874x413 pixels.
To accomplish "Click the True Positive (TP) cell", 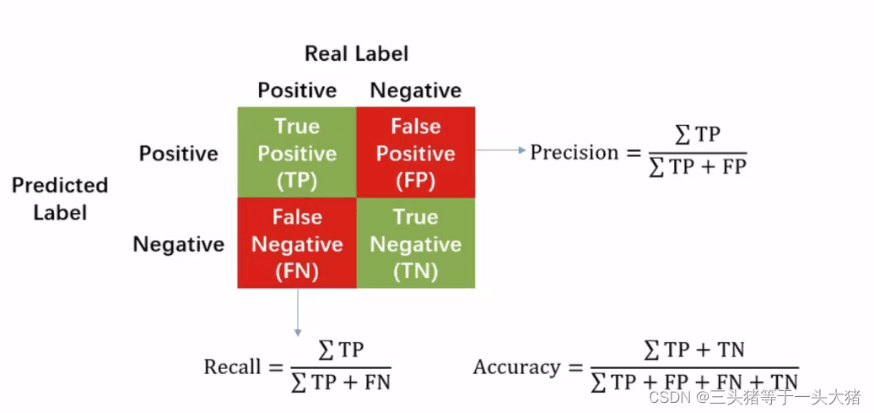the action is pyautogui.click(x=297, y=153).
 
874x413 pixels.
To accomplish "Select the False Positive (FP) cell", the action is pyautogui.click(x=416, y=153).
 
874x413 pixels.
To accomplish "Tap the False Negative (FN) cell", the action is pyautogui.click(x=297, y=243).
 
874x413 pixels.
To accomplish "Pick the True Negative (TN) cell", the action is pyautogui.click(x=416, y=243).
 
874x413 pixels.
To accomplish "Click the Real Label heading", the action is pyautogui.click(x=356, y=54).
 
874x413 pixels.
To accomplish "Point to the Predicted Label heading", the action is pyautogui.click(x=60, y=198).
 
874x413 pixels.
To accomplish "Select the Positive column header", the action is pyautogui.click(x=297, y=90).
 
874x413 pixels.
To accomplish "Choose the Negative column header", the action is pyautogui.click(x=416, y=90).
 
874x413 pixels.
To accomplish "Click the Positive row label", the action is pyautogui.click(x=178, y=154).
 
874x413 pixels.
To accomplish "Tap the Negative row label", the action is pyautogui.click(x=178, y=245).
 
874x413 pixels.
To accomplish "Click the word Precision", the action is pyautogui.click(x=574, y=153).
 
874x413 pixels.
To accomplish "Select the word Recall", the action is pyautogui.click(x=232, y=367).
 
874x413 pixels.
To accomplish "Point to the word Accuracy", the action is pyautogui.click(x=516, y=368).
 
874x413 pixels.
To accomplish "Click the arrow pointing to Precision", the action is pyautogui.click(x=500, y=150).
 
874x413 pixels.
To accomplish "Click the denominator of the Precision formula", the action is pyautogui.click(x=697, y=166).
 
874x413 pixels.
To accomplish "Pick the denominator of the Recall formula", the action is pyautogui.click(x=340, y=382).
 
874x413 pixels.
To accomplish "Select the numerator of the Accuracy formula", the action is pyautogui.click(x=693, y=350).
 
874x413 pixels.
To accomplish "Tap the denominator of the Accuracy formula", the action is pyautogui.click(x=693, y=382).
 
